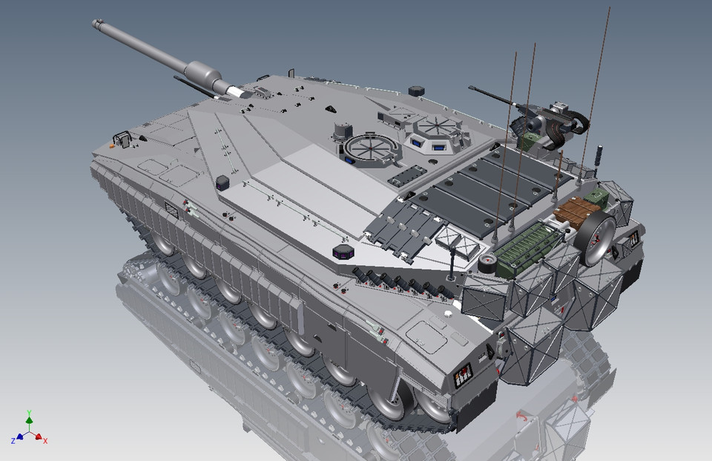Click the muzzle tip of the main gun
[x=96, y=24]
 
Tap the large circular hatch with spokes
[x=369, y=146]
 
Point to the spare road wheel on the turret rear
[x=597, y=239]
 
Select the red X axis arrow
[x=41, y=438]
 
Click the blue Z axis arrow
[x=18, y=438]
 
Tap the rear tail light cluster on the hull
[x=462, y=376]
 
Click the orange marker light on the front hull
[x=112, y=146]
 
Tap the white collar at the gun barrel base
[x=234, y=92]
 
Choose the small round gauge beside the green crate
[x=488, y=264]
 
